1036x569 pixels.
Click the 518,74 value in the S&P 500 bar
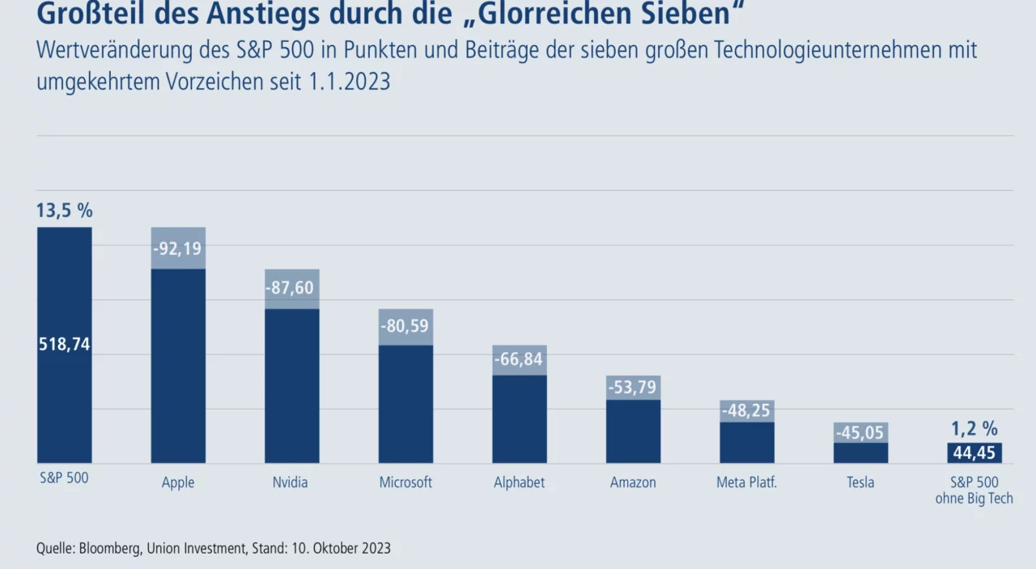pos(64,345)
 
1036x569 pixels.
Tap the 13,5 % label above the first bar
pos(64,210)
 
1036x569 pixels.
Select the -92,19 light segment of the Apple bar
pos(178,248)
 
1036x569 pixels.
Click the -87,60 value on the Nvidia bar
pos(290,288)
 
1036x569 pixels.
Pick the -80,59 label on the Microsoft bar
pos(405,326)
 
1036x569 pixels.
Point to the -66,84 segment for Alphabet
pos(520,360)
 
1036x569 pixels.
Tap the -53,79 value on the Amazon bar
pos(632,387)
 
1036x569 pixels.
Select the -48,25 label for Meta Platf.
pos(746,410)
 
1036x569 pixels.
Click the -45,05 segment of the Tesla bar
pos(860,432)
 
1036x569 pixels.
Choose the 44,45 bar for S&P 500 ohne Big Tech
pos(974,453)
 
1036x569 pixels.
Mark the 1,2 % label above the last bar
pos(974,429)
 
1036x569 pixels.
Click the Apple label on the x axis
pos(178,482)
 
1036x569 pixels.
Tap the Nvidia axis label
pos(290,482)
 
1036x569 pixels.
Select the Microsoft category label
pos(405,482)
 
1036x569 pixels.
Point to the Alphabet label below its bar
pos(519,482)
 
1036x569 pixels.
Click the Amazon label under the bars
pos(633,482)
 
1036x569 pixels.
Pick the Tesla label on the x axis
pos(860,482)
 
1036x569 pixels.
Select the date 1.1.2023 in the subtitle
pos(349,82)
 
